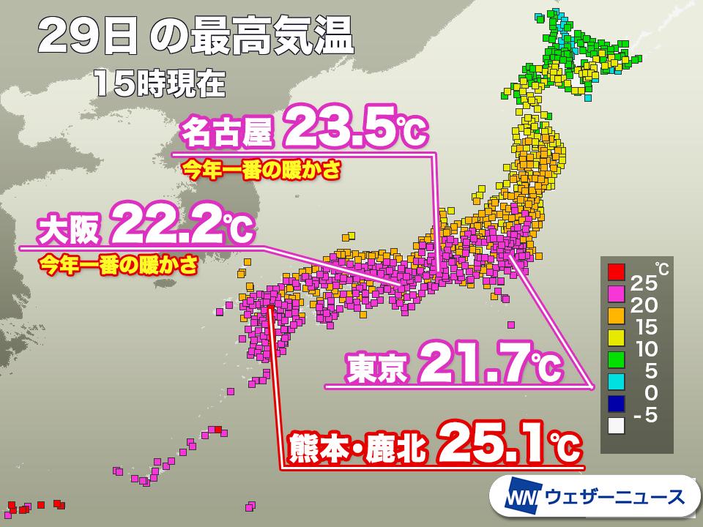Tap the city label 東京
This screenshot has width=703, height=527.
coord(377,367)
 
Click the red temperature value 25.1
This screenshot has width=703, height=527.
coord(498,443)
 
